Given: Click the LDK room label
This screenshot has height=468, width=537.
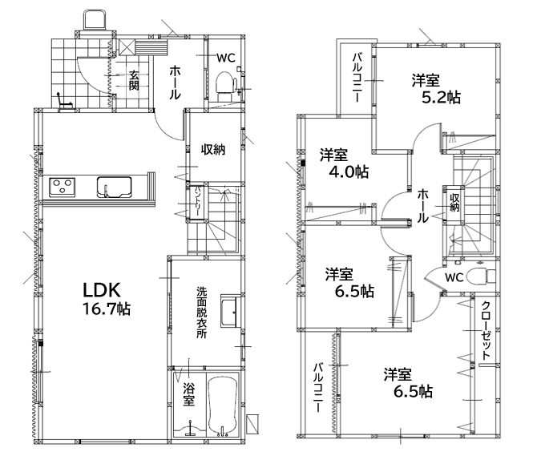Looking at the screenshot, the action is click(x=102, y=290).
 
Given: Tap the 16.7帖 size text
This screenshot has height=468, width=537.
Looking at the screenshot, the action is click(x=106, y=309).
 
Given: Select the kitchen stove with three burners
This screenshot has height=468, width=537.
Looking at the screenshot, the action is click(x=63, y=187).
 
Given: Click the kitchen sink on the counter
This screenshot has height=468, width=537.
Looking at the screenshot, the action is click(x=114, y=187).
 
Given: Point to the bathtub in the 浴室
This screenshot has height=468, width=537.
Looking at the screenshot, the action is click(x=223, y=406).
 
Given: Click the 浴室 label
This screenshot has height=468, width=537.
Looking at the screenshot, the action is click(x=189, y=394).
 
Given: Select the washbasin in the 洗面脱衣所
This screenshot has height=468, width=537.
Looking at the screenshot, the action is click(x=229, y=312).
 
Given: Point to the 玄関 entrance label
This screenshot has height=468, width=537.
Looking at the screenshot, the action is click(x=134, y=80).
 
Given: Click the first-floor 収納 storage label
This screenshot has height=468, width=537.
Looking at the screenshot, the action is click(x=213, y=149).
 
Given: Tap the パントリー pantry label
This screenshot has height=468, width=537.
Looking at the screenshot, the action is click(x=198, y=201).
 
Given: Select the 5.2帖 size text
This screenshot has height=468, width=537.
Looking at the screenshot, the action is click(x=441, y=98).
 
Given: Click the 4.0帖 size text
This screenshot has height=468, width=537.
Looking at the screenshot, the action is click(x=349, y=171).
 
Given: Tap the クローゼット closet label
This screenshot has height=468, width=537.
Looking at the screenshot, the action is click(x=486, y=330).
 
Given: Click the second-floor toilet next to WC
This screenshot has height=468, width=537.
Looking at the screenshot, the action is click(x=482, y=276).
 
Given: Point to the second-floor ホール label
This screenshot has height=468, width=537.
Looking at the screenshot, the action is click(x=422, y=205).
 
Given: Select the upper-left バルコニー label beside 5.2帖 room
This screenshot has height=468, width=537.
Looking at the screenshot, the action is click(x=357, y=77).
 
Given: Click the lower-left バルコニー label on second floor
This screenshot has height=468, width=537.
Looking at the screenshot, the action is click(x=319, y=387).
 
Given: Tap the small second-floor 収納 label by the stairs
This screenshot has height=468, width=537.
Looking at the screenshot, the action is click(x=454, y=202).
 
